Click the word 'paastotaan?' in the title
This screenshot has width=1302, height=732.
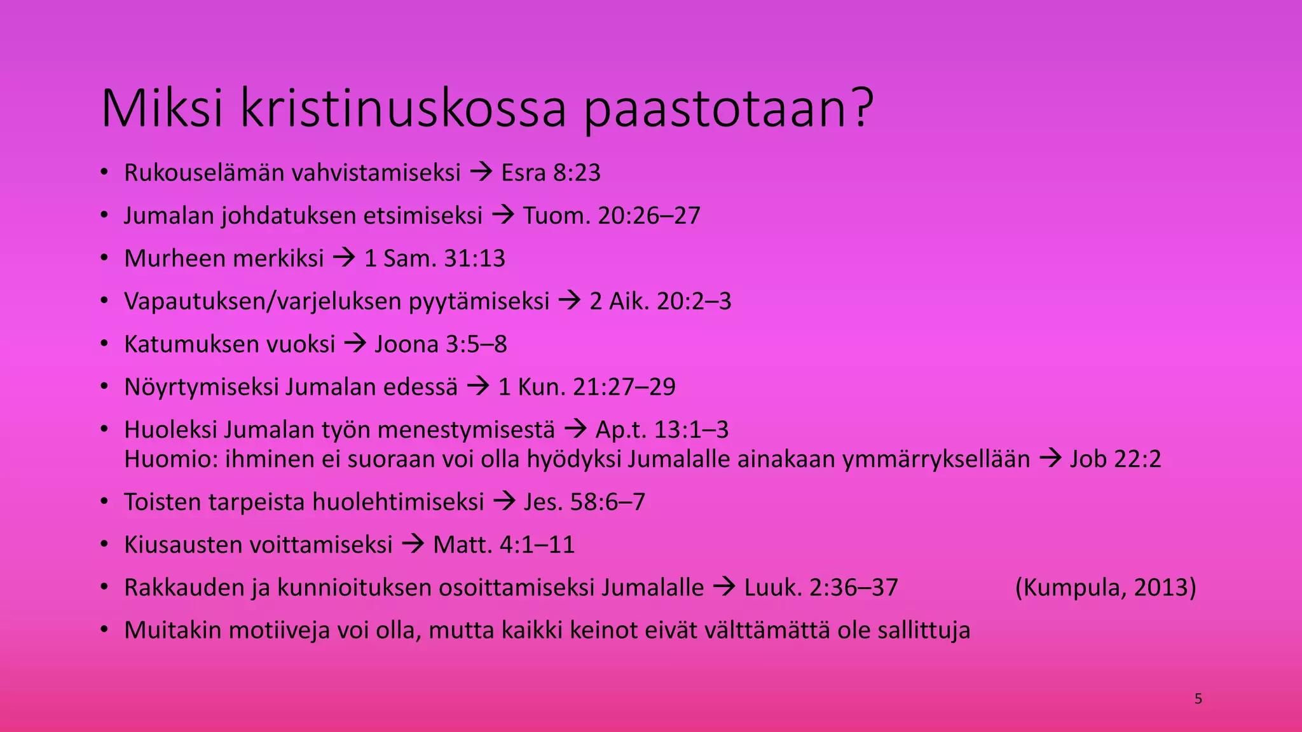729,109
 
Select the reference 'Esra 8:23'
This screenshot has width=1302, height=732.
551,173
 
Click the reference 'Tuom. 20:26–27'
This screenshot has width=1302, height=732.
612,216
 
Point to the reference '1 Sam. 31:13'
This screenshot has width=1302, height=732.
435,259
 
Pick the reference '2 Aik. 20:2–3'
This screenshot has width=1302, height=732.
661,301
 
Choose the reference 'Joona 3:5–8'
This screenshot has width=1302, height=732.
441,344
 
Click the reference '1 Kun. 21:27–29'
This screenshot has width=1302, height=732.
587,387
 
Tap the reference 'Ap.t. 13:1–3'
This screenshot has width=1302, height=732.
662,430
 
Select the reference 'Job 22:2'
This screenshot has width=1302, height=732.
1115,459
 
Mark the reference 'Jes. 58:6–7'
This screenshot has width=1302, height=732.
584,502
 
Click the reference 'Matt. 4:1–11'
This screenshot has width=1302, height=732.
504,545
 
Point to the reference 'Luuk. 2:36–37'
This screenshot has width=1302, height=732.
821,588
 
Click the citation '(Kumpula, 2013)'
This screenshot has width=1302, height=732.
1106,588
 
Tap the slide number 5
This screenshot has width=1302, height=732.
1198,700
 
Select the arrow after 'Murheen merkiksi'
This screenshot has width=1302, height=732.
344,258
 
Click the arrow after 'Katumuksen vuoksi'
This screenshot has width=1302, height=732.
355,344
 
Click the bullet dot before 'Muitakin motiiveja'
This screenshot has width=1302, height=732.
105,630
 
